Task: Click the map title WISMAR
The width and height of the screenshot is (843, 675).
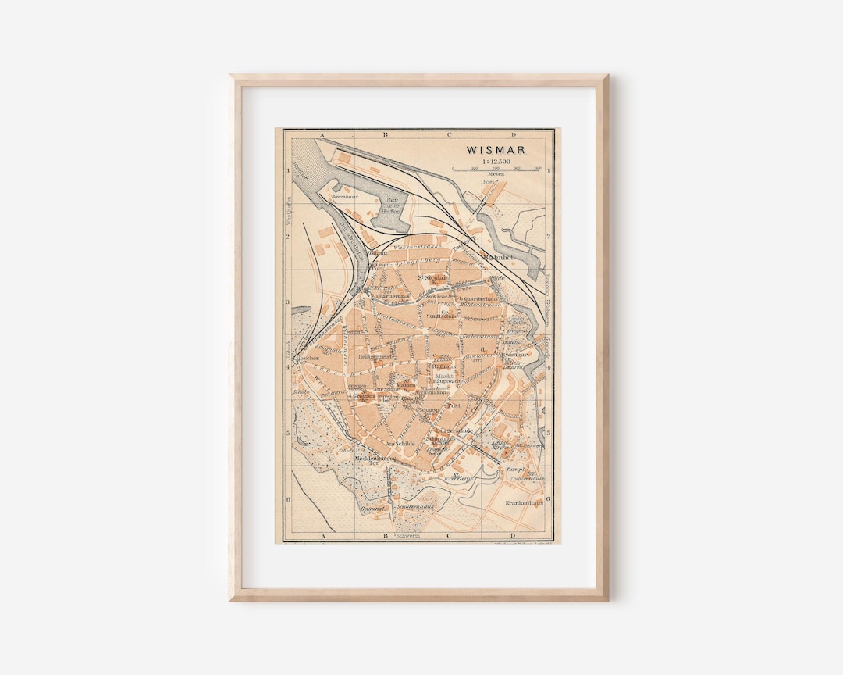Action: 496,150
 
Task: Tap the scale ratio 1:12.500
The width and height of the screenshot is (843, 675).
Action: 496,162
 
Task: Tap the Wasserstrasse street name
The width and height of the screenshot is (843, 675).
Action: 418,246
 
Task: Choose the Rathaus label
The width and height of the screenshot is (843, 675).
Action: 443,366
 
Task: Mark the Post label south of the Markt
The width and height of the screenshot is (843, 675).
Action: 454,406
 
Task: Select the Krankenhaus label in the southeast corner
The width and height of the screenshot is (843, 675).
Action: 524,503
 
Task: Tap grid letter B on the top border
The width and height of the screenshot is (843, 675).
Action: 384,135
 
